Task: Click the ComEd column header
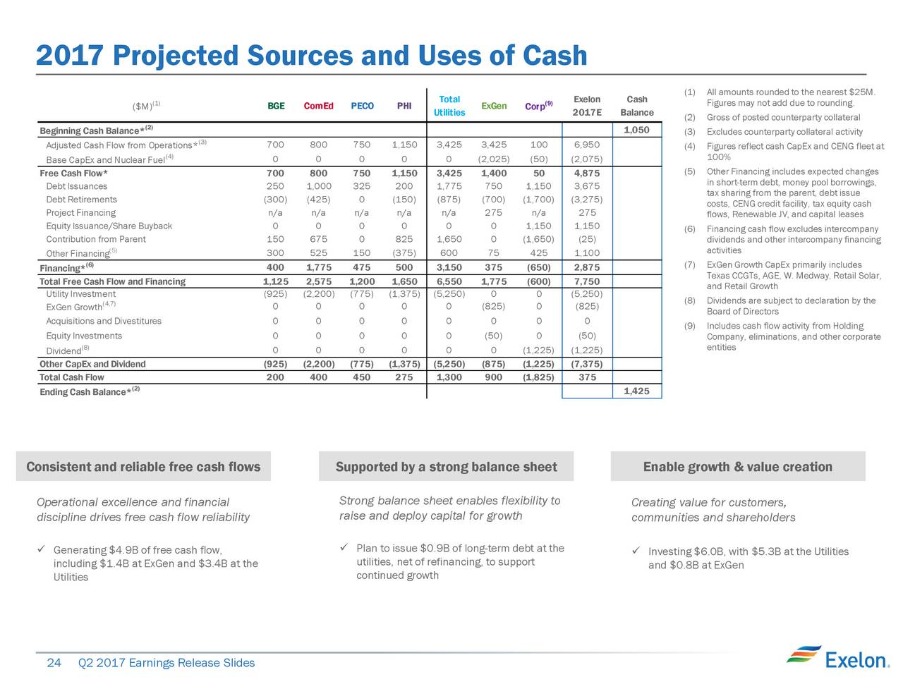[318, 106]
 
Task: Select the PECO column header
[362, 106]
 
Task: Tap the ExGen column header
[494, 106]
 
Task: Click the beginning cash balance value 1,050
[636, 130]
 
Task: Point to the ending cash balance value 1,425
[636, 391]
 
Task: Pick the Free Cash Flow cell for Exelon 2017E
[587, 173]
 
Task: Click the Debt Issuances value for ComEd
[318, 186]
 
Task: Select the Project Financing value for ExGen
[493, 212]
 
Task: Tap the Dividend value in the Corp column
[538, 350]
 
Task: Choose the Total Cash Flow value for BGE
[275, 377]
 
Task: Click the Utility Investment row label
[80, 294]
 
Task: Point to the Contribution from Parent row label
[96, 239]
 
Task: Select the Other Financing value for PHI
[404, 252]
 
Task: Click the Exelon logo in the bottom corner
[837, 658]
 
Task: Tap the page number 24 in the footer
[54, 663]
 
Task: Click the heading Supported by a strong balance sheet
[447, 467]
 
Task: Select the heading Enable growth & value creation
[738, 467]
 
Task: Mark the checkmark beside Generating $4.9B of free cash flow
[41, 549]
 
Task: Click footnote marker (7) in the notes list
[689, 264]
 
